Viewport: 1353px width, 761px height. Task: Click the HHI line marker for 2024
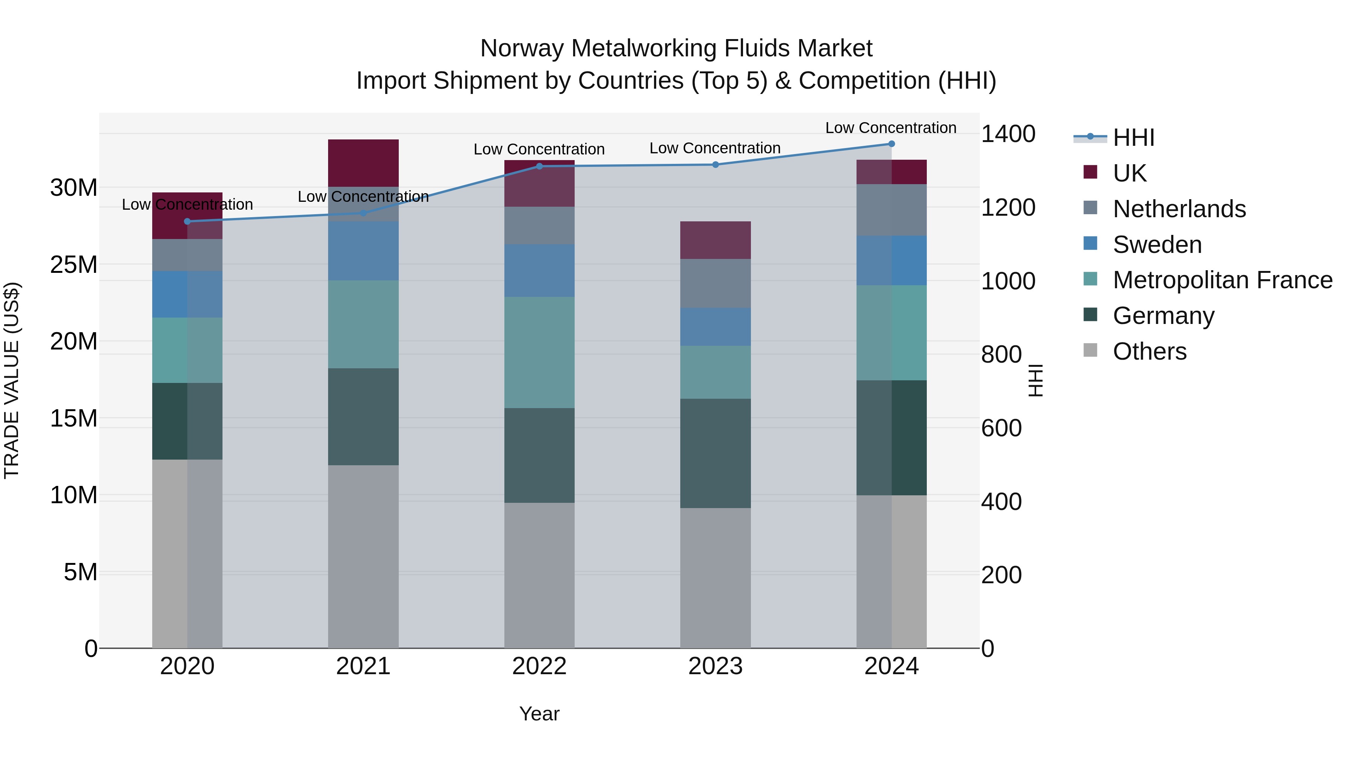tap(891, 144)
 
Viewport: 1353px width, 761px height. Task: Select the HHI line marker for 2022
tap(539, 166)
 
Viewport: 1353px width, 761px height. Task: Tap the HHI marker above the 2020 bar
tap(188, 222)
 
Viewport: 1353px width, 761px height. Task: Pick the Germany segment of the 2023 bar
tap(715, 453)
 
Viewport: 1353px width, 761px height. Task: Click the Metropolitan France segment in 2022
tap(539, 353)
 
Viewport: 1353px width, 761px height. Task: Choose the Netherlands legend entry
tap(1179, 209)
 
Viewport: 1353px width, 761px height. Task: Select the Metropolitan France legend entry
tap(1222, 280)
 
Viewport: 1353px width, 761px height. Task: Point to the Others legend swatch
tap(1090, 350)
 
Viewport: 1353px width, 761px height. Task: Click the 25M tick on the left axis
tap(74, 265)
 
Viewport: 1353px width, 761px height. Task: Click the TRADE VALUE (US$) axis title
tap(12, 380)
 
